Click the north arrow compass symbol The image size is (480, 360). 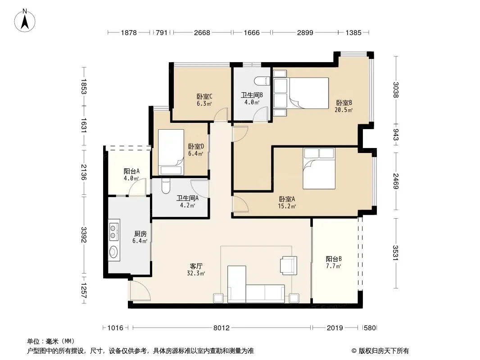tap(25, 21)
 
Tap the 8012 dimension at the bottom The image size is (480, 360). tap(222, 328)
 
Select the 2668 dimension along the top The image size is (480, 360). tap(202, 33)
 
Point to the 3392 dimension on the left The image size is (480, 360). tap(84, 235)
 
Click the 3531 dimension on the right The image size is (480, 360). tap(396, 252)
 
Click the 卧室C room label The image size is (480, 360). tap(204, 97)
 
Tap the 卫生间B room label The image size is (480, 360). tap(252, 95)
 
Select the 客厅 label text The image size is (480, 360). tap(196, 266)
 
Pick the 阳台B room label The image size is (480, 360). tap(334, 259)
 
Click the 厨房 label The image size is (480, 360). tap(140, 234)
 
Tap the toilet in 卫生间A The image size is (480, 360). tap(165, 186)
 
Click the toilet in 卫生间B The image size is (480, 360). tap(263, 81)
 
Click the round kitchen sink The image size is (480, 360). tap(114, 252)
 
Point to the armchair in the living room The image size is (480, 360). tap(288, 265)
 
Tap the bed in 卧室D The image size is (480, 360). tap(171, 152)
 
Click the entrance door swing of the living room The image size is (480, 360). tap(140, 291)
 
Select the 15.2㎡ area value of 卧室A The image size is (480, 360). tap(287, 207)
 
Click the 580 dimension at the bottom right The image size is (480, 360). tap(370, 328)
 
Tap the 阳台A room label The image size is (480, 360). tap(131, 171)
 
